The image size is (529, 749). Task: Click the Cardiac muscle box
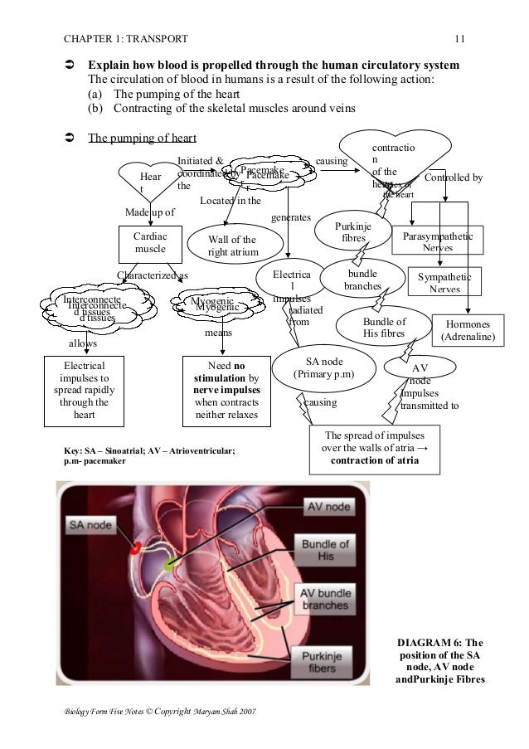pyautogui.click(x=150, y=242)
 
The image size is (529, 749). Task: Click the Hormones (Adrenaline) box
pyautogui.click(x=469, y=331)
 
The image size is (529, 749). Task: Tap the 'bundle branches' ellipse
pyautogui.click(x=362, y=280)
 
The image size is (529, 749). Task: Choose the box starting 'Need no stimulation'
pyautogui.click(x=226, y=390)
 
